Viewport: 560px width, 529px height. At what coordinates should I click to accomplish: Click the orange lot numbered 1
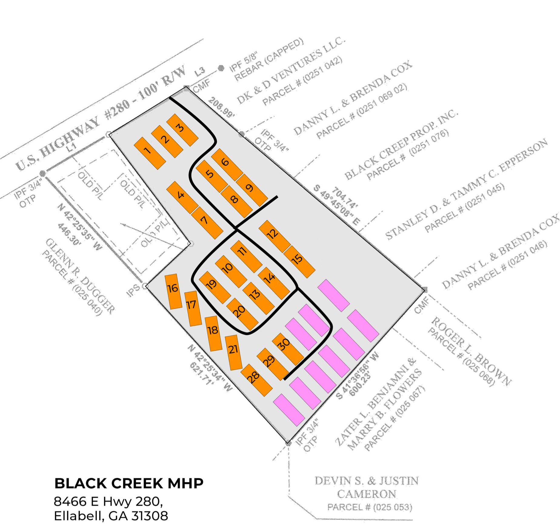point(150,153)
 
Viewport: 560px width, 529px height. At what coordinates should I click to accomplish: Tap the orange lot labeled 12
point(275,236)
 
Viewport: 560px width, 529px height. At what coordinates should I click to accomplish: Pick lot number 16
point(173,291)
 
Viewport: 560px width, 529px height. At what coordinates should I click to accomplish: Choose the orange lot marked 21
point(234,352)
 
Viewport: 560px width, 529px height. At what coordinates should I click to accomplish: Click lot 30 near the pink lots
point(288,349)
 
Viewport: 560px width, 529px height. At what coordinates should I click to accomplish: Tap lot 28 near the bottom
point(256,380)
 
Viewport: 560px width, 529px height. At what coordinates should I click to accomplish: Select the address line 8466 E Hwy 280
point(108,501)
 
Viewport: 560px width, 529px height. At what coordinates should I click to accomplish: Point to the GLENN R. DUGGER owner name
point(80,276)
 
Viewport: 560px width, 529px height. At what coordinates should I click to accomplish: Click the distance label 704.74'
point(345,198)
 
